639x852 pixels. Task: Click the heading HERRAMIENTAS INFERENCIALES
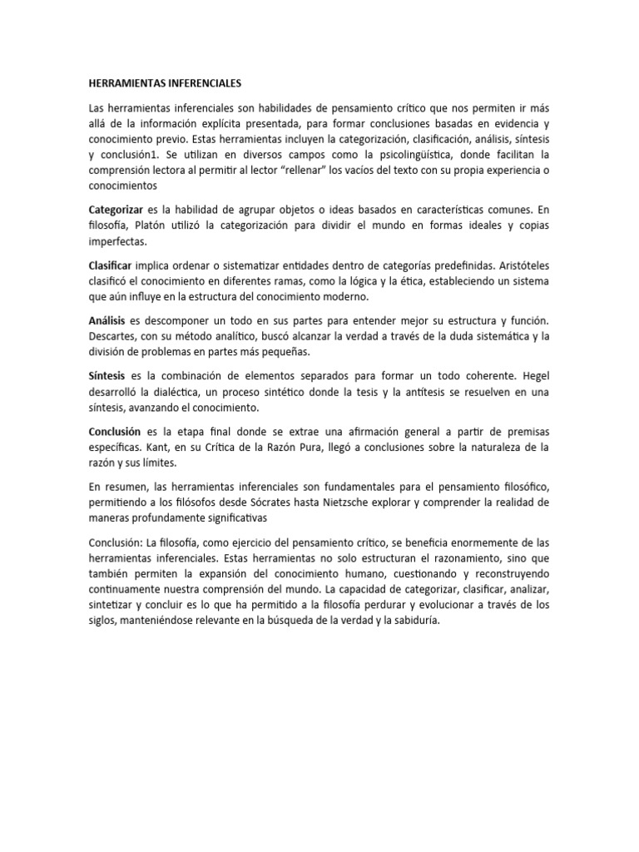tap(164, 84)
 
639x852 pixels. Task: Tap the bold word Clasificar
tap(111, 265)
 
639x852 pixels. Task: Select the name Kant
tap(161, 448)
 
